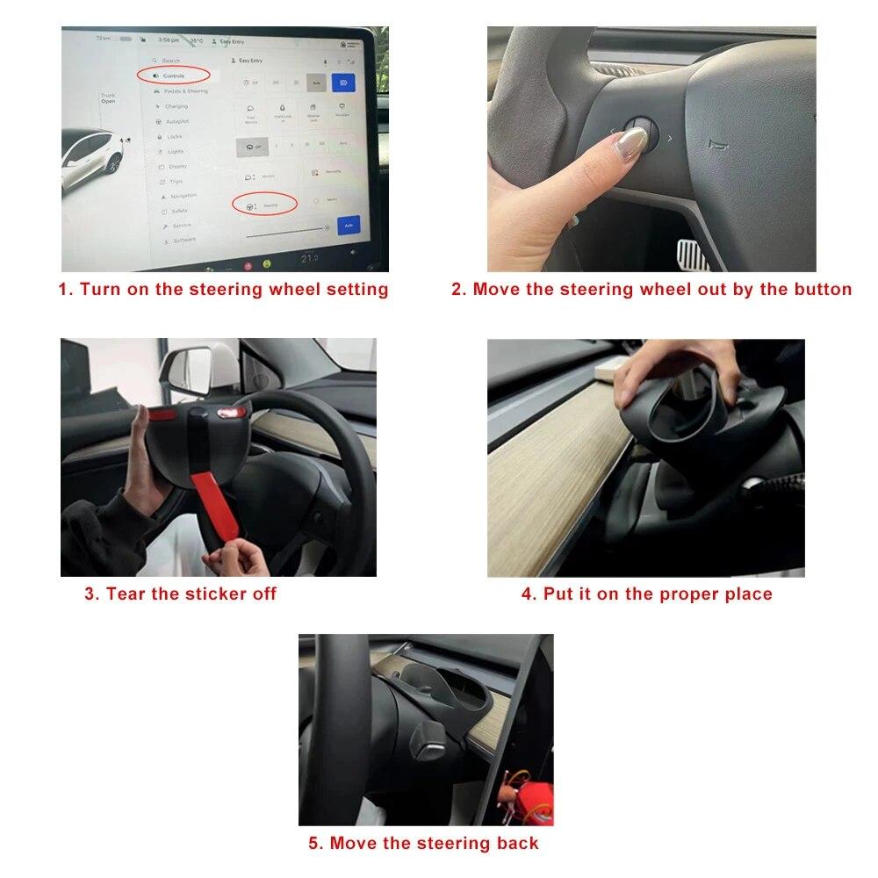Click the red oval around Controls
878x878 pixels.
[173, 76]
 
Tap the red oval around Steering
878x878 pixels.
[263, 204]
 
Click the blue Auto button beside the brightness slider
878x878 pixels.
[349, 226]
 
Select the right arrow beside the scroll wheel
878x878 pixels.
[670, 139]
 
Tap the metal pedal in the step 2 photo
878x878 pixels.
[696, 256]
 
